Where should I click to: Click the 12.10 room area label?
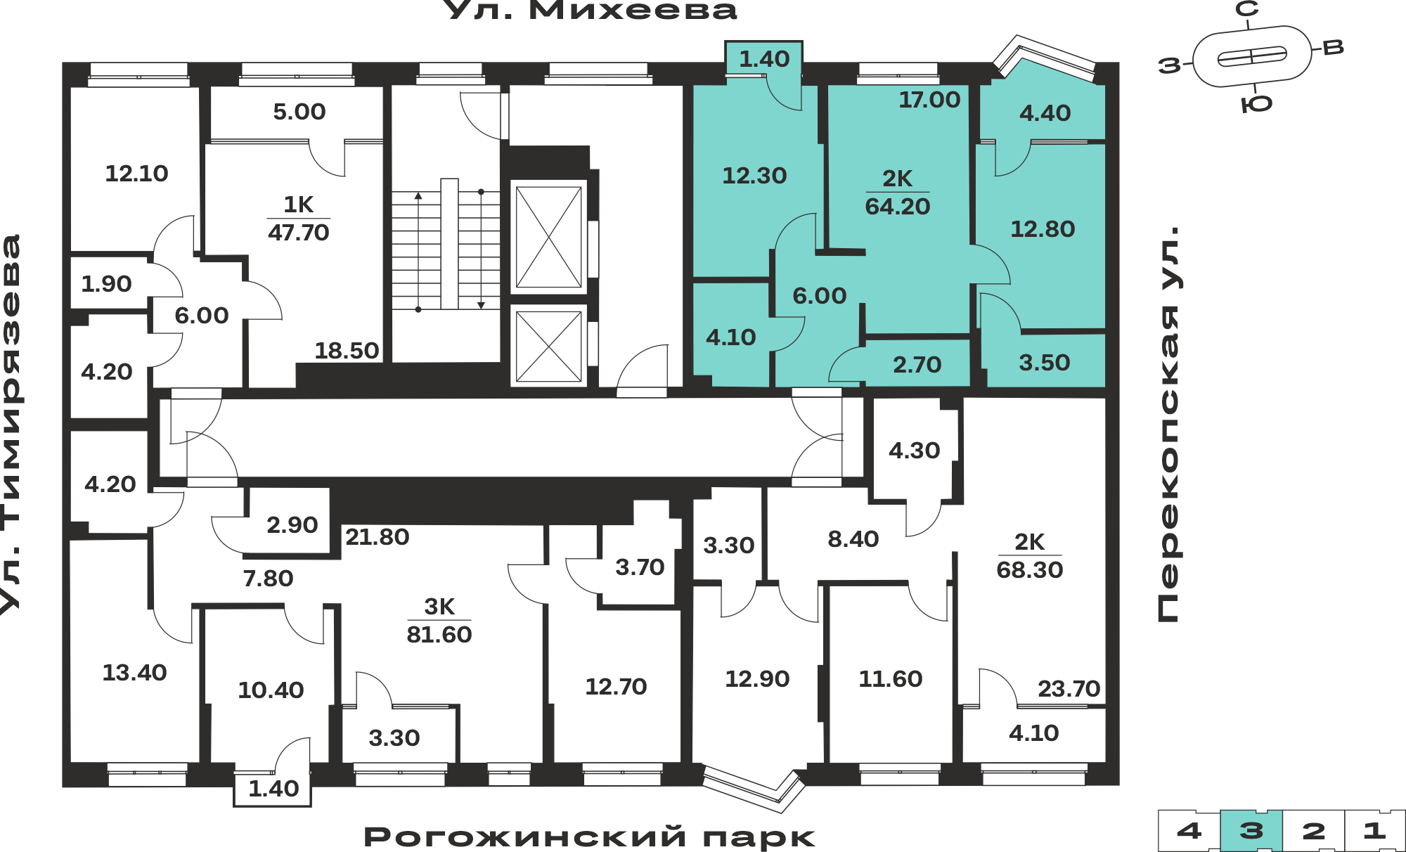pos(136,174)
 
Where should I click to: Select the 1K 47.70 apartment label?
pos(299,219)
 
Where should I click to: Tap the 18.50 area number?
pos(347,351)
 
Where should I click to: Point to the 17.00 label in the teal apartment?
pos(929,100)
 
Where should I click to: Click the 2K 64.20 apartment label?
pos(898,193)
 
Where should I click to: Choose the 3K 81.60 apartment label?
pos(439,621)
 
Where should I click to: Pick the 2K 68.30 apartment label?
pos(1030,556)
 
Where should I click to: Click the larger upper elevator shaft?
pos(548,237)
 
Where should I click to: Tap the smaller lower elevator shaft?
pos(548,346)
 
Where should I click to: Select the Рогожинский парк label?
pos(589,837)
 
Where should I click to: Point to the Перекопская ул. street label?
pos(1169,424)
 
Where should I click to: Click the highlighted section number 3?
pos(1251,831)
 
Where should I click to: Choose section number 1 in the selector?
pos(1374,831)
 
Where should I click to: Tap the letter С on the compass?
pos(1247,9)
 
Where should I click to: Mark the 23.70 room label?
pos(1069,689)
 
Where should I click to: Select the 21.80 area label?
pos(377,537)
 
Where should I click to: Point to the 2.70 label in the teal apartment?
pos(917,365)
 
